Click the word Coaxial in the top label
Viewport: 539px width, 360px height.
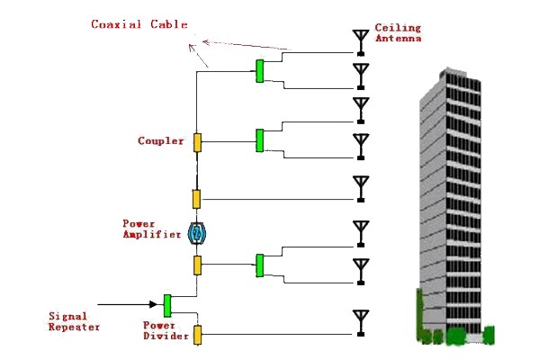116,24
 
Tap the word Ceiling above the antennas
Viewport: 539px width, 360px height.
398,28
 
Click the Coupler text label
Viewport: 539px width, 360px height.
160,141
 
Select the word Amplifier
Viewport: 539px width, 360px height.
152,235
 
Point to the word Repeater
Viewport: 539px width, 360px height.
74,327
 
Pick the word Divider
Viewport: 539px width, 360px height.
166,336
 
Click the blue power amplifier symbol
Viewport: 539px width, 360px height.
197,233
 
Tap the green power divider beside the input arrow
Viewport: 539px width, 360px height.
167,306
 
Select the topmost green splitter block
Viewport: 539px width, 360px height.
260,71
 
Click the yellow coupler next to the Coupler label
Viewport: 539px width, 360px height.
197,142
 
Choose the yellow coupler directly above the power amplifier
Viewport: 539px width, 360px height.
196,199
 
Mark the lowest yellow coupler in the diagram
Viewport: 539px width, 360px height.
197,335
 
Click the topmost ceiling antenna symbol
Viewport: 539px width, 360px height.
361,42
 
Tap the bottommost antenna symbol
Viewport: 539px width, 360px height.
361,323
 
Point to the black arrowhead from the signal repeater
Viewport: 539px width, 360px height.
153,304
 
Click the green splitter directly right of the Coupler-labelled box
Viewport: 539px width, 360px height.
260,140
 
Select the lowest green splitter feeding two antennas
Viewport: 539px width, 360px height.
260,265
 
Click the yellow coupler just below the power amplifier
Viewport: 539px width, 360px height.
197,265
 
